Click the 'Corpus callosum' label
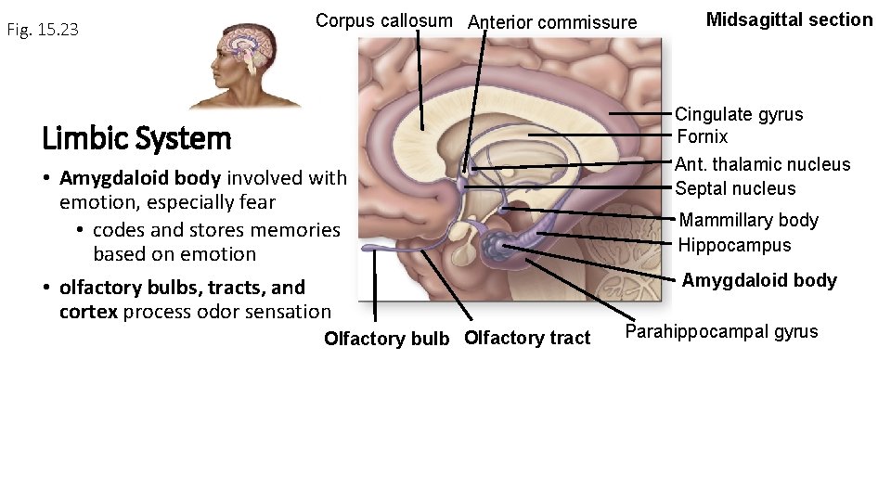383,20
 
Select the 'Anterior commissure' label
552,22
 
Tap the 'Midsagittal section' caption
789,19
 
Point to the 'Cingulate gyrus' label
739,114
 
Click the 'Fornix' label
703,137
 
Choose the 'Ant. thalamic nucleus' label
762,164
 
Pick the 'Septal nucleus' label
735,188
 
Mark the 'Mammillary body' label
748,220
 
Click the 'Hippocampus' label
734,245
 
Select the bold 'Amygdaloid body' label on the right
759,280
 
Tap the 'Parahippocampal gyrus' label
721,331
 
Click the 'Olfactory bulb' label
386,339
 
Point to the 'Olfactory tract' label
526,338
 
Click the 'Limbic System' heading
136,139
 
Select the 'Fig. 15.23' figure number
43,30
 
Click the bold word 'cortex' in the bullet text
88,312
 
